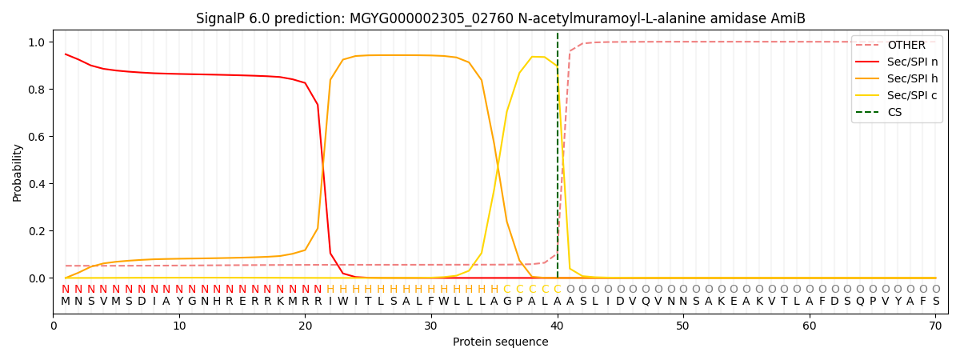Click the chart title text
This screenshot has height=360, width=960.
(x=500, y=18)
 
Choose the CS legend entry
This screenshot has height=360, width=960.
(x=894, y=113)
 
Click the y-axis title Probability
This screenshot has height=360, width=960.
(x=18, y=172)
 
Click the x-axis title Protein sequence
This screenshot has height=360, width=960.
(x=500, y=342)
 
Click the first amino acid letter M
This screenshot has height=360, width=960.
(x=66, y=302)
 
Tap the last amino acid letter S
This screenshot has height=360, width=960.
(x=935, y=302)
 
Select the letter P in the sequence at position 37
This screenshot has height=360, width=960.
(x=519, y=302)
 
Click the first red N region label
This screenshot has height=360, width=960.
(x=66, y=290)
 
